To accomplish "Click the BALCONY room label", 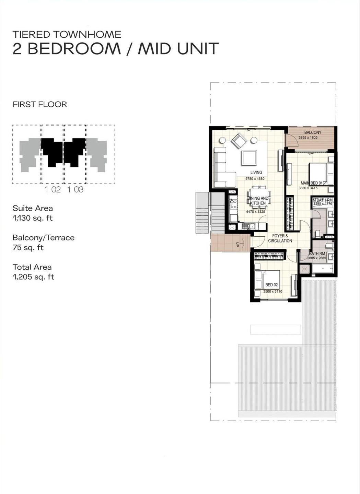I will (313, 132).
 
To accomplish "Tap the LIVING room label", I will (256, 173).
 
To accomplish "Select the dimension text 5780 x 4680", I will (255, 179).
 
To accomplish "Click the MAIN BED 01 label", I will (312, 183).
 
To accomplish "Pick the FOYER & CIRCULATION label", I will (280, 238).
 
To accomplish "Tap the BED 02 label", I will (271, 285).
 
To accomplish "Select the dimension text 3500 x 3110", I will (272, 291).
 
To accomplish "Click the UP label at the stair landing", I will (237, 245).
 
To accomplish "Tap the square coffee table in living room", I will (248, 158).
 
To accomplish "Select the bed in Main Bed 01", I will (321, 174).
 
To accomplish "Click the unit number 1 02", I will (53, 189).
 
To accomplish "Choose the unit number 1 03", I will (75, 189).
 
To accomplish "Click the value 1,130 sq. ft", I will (33, 218).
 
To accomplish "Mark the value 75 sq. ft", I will (28, 248).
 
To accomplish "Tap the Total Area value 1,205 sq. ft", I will (33, 277).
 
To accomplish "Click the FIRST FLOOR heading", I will (40, 104).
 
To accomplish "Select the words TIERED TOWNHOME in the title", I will (67, 34).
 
